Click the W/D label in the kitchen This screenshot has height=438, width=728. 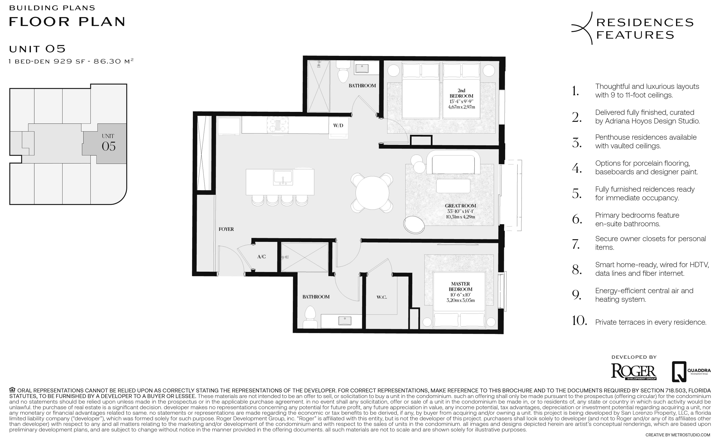coord(338,125)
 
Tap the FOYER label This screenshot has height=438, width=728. coord(226,229)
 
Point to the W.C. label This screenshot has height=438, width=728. coord(382,297)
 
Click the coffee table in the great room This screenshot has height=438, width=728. coord(453,186)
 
